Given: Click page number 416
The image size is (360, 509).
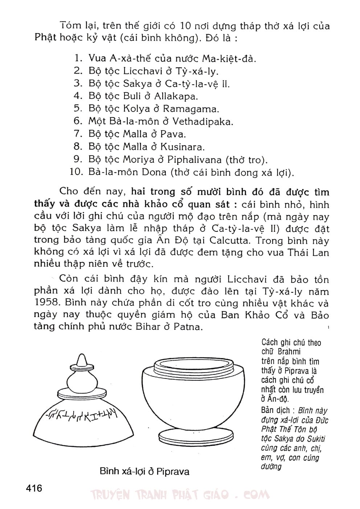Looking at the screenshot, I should [34, 488].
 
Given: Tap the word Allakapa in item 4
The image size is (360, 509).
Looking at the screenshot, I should [176, 96].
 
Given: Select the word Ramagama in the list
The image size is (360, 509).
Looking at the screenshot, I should [191, 109].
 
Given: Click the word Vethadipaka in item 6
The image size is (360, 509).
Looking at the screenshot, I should [202, 122].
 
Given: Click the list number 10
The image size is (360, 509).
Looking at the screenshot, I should [77, 172].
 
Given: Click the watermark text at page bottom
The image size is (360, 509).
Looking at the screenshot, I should [180, 494].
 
